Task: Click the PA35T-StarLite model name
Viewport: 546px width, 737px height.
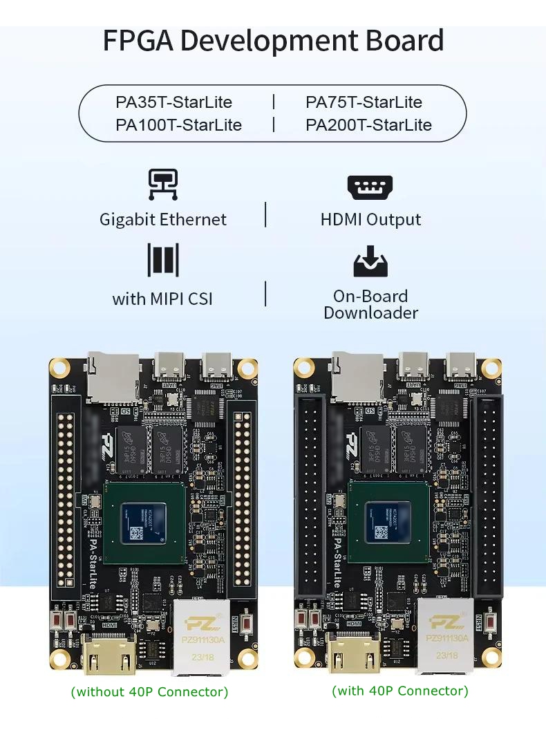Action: pyautogui.click(x=173, y=102)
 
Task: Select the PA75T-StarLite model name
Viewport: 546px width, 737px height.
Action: pyautogui.click(x=364, y=102)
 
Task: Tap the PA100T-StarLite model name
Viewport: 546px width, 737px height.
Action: pyautogui.click(x=178, y=125)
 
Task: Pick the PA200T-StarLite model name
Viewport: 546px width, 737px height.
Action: pyautogui.click(x=368, y=125)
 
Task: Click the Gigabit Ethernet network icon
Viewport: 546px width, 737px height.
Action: pyautogui.click(x=163, y=185)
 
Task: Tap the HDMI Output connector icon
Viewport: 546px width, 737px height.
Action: pyautogui.click(x=370, y=187)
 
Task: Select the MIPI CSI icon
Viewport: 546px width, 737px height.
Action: pyautogui.click(x=163, y=259)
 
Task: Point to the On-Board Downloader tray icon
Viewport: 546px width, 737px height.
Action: pyautogui.click(x=370, y=261)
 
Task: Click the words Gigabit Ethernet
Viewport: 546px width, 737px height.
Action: pyautogui.click(x=163, y=220)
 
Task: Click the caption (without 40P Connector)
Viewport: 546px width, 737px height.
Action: pyautogui.click(x=149, y=691)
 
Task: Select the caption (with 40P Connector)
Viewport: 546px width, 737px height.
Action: pyautogui.click(x=400, y=691)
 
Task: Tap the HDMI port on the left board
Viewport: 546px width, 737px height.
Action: pyautogui.click(x=109, y=654)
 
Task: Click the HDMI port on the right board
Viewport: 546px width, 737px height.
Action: pyautogui.click(x=354, y=653)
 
